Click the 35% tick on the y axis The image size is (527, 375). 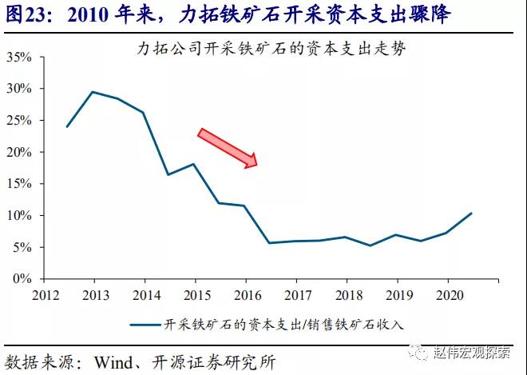pos(18,57)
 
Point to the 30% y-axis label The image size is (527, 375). pos(18,89)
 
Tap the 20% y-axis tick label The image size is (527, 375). pos(18,152)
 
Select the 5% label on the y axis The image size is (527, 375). pos(22,248)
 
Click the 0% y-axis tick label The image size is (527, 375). pos(22,280)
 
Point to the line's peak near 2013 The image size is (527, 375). pos(93,92)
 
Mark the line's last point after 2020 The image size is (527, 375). pos(472,213)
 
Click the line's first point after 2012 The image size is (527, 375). pos(67,126)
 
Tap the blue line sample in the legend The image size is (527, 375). pos(148,325)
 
